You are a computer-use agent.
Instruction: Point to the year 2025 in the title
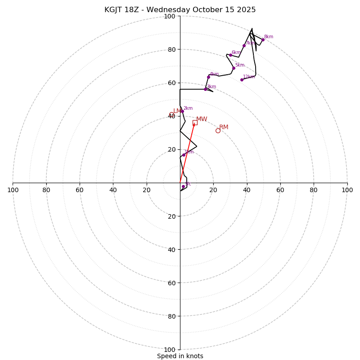point(246,10)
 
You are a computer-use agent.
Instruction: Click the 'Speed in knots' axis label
point(180,356)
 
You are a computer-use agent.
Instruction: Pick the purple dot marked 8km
point(263,40)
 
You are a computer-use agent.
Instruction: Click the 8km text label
point(269,37)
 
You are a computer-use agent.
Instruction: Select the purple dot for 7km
point(244,45)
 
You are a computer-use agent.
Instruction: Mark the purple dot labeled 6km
point(230,55)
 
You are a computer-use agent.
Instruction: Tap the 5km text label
point(239,65)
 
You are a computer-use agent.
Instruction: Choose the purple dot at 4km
point(208,77)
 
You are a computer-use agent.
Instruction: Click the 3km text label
point(211,87)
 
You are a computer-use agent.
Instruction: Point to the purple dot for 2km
point(182,111)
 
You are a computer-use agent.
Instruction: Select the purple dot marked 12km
point(242,80)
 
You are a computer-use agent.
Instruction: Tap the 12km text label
point(249,77)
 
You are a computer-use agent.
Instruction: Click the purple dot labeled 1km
point(184,155)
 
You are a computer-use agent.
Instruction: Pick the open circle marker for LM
point(171,114)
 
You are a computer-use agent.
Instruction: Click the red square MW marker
point(195,122)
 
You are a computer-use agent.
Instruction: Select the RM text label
point(224,127)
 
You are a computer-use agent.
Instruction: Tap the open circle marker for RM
point(218,130)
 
